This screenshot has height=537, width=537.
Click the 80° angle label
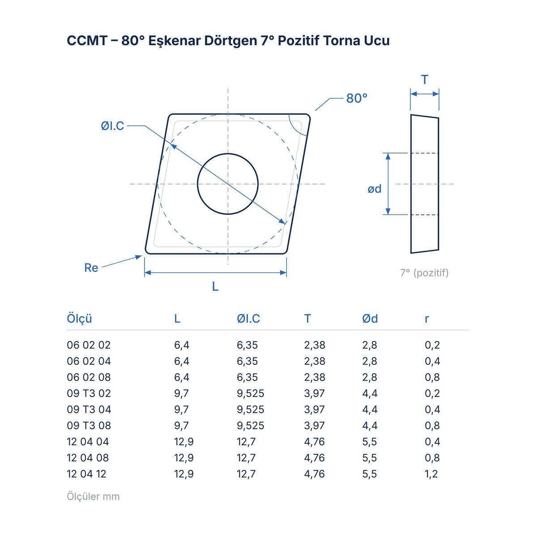coord(356,98)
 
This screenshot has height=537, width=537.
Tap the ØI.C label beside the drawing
coord(112,126)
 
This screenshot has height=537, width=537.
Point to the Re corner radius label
coord(91,268)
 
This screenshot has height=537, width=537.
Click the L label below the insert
coord(215,286)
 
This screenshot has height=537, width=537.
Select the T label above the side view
coord(424,80)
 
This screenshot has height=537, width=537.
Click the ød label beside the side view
coord(374,189)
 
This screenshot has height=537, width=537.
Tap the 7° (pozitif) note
coord(424,273)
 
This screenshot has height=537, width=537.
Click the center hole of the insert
coord(228,184)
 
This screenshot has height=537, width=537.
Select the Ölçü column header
coord(79,319)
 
